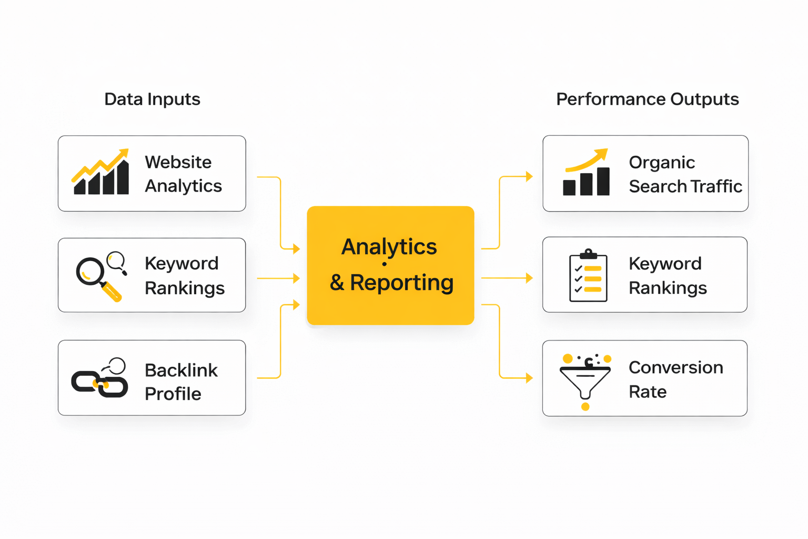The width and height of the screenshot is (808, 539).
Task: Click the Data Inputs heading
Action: pos(152,99)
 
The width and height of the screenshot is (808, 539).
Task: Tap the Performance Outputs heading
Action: pos(647,99)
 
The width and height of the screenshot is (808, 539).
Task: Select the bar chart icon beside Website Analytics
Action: pos(101,173)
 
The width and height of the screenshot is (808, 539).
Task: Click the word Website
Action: pos(178,162)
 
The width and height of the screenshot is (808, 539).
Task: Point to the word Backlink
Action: pos(181,370)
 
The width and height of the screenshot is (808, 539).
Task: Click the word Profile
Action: pos(173,394)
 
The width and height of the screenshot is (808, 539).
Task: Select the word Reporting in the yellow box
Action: pos(401,283)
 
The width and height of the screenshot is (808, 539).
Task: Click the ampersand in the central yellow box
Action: pos(337,283)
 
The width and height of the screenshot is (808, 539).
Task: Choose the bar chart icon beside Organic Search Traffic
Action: pos(586,174)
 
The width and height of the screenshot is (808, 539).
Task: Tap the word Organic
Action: pos(662,163)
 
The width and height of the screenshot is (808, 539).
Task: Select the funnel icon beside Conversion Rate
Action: pos(585,380)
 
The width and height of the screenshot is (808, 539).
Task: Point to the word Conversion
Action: pos(675,367)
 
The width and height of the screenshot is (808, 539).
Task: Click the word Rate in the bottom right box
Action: pos(648,392)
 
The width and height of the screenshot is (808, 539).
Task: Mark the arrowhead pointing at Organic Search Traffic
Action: pos(529,176)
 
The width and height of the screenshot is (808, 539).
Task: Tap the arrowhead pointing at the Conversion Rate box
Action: pos(529,378)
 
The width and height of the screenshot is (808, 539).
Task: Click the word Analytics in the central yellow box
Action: pos(389,246)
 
